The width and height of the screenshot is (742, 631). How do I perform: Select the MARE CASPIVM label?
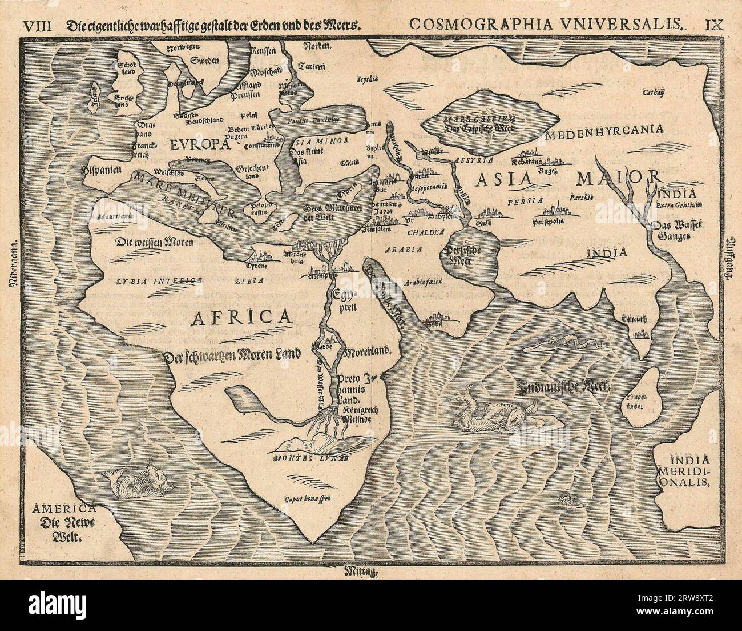click(493, 119)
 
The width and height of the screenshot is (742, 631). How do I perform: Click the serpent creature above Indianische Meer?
click(571, 344)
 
